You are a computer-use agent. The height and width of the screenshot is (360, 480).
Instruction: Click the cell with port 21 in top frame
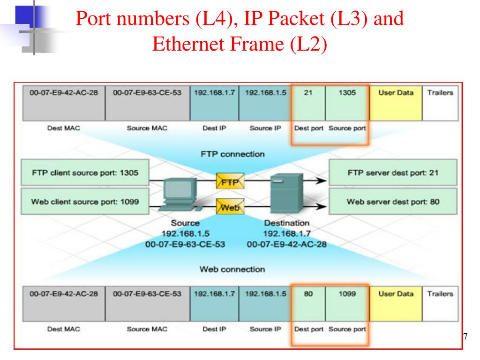pyautogui.click(x=308, y=103)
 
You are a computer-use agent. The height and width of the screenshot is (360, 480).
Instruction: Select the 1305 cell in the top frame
pyautogui.click(x=347, y=103)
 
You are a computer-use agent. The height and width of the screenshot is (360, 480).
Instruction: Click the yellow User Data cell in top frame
pyautogui.click(x=396, y=103)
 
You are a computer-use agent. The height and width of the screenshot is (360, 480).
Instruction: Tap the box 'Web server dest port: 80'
pyautogui.click(x=392, y=202)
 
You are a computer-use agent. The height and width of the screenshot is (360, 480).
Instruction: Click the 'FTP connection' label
pyautogui.click(x=232, y=154)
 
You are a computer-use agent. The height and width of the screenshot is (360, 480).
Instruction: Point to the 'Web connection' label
pyautogui.click(x=232, y=269)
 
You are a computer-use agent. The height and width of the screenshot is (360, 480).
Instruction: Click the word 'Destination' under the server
pyautogui.click(x=287, y=223)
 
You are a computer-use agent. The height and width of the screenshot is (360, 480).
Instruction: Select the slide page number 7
pyautogui.click(x=465, y=337)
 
